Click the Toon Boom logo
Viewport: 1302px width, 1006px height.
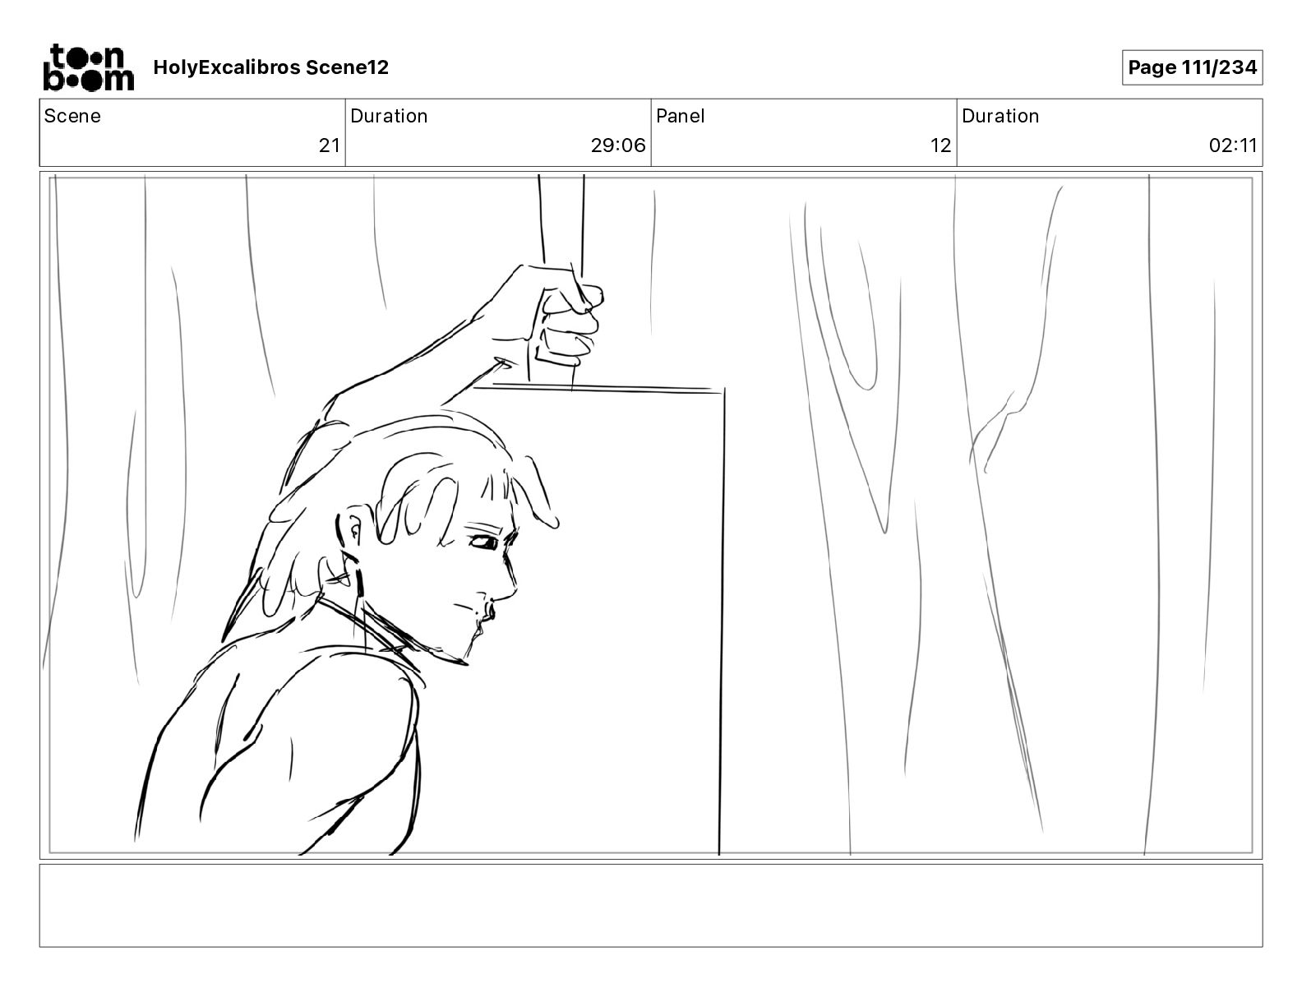point(89,67)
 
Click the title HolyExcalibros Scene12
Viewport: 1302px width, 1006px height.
point(270,67)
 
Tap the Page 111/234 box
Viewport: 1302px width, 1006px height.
point(1192,67)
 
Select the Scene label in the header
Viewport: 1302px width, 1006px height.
point(72,116)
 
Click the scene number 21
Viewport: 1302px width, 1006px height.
point(330,145)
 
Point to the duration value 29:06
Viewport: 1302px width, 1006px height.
point(618,145)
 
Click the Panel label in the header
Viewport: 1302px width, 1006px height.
point(680,116)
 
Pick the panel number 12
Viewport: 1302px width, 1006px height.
point(940,145)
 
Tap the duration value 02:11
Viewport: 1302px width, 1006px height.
point(1232,145)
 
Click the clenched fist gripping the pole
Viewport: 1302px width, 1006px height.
point(566,321)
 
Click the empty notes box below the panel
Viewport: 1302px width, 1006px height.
point(651,906)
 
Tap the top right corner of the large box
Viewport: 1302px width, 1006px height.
point(724,390)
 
